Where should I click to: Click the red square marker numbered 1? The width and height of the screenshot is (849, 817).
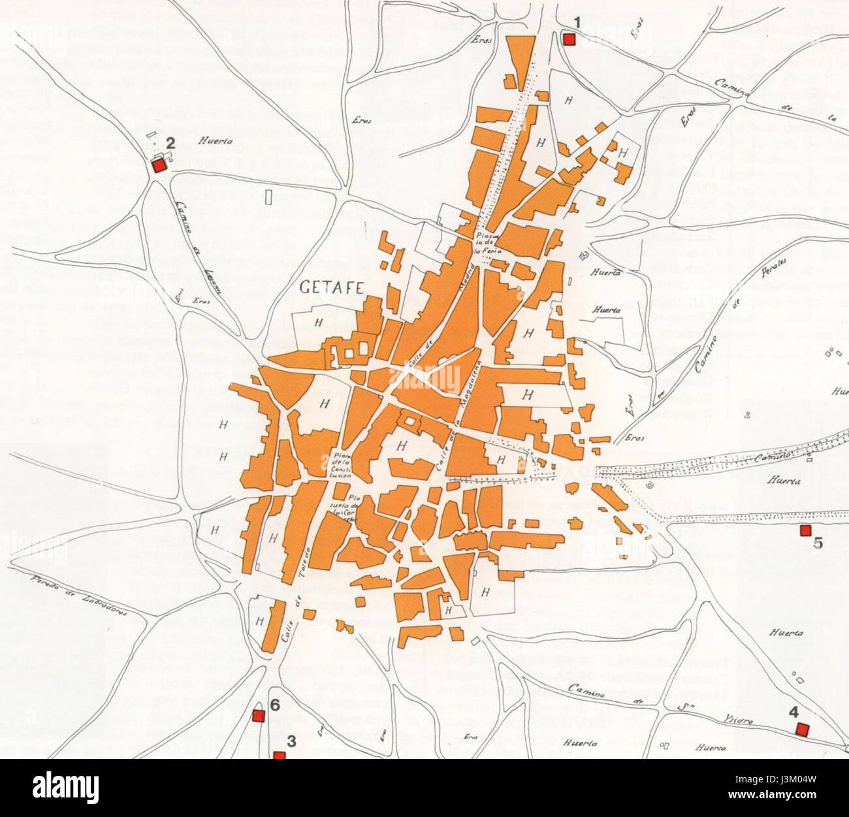coord(568,39)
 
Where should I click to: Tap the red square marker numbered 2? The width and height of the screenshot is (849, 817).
coord(158,166)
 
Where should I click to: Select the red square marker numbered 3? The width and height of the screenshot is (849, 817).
coord(280,755)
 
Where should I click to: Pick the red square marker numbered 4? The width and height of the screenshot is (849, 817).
coord(802,729)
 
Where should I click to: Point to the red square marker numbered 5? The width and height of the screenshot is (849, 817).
coord(805,530)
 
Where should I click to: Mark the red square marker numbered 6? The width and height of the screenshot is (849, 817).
coord(258,716)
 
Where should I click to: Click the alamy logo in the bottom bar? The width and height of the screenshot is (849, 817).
coord(65,787)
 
